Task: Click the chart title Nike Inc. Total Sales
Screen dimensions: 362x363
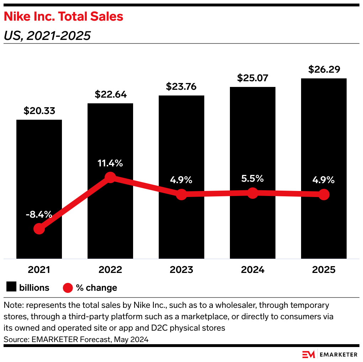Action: click(x=63, y=16)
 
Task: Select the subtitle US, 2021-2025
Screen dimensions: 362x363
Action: click(x=47, y=36)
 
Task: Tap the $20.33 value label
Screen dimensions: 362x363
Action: click(x=39, y=111)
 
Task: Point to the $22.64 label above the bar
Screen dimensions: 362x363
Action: click(x=110, y=94)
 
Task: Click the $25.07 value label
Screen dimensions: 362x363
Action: click(x=252, y=78)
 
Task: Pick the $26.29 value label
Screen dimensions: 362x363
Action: click(x=323, y=69)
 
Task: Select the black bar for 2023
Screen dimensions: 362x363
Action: click(x=181, y=143)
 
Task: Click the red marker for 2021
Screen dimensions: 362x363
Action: click(x=39, y=229)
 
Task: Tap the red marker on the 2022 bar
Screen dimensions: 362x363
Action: click(x=110, y=177)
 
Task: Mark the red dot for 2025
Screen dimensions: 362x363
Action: click(x=323, y=195)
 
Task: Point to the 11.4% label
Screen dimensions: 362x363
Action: click(x=110, y=164)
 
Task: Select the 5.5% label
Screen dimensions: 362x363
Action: click(x=252, y=179)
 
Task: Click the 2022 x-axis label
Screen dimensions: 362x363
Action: click(x=110, y=270)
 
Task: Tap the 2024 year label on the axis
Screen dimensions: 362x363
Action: click(x=252, y=270)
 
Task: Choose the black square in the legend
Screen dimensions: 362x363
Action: click(x=11, y=288)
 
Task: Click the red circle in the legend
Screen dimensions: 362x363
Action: click(x=68, y=288)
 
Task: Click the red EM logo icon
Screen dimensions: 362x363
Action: click(x=309, y=354)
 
